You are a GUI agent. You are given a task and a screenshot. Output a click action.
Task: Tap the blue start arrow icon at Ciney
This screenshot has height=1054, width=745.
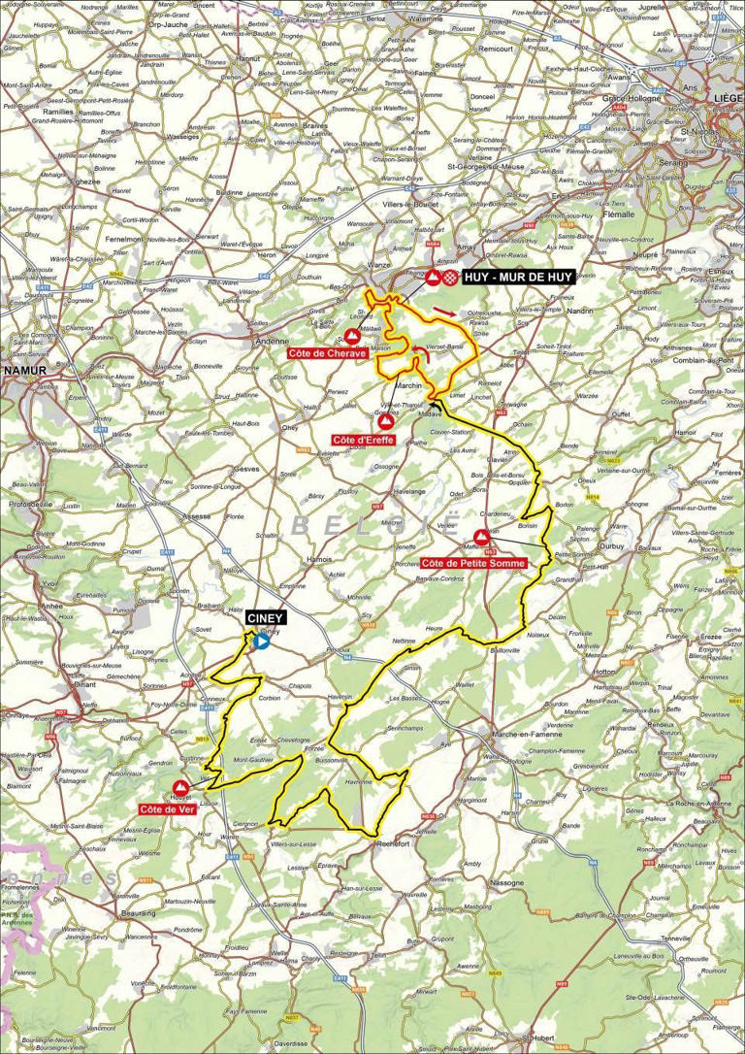coord(261,642)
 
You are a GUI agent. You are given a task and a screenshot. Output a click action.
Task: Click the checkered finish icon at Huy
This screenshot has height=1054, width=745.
coord(451,278)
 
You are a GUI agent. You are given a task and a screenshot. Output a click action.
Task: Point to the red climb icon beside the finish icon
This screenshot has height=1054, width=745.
coord(433,278)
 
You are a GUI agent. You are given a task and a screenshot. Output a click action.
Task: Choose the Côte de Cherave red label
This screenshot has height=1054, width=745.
coord(327,354)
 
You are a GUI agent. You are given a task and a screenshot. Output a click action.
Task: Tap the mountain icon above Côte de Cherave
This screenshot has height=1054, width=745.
coord(350,335)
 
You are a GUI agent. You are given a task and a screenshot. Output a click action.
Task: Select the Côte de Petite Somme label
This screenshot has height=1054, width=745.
coord(474,563)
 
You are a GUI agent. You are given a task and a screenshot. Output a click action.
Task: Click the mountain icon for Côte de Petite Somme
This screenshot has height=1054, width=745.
coord(481,537)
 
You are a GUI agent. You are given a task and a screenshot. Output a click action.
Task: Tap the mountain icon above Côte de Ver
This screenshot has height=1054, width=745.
coord(180,787)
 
